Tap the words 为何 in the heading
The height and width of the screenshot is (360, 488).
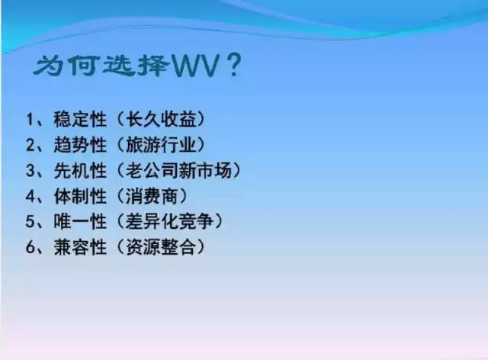click(x=65, y=66)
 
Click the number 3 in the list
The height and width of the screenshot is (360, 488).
click(x=30, y=170)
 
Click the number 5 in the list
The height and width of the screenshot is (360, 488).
click(x=30, y=221)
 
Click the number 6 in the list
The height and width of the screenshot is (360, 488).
click(x=30, y=246)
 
